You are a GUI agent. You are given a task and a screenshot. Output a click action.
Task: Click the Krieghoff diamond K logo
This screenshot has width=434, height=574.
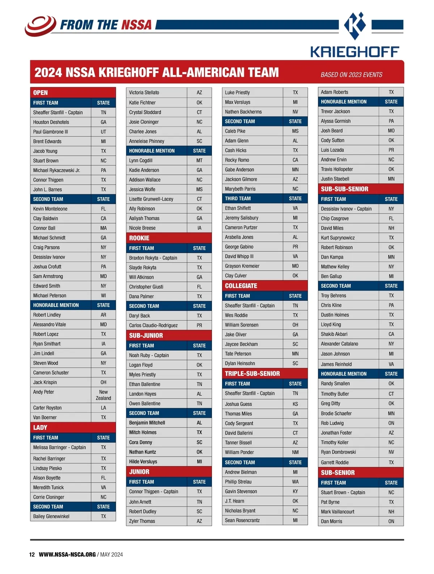(355, 26)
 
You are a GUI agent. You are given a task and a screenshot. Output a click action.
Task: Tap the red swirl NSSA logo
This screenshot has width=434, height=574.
(40, 25)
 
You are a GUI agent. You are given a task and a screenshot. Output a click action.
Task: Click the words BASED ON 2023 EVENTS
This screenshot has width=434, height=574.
(351, 75)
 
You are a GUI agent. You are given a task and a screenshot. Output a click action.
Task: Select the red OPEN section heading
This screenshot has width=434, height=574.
(41, 93)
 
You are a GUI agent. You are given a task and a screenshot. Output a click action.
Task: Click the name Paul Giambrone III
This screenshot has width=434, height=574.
(51, 132)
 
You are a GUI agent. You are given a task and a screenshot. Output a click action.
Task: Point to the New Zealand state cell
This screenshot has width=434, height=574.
(103, 395)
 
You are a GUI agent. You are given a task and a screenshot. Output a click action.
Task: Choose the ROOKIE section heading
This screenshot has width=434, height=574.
(139, 238)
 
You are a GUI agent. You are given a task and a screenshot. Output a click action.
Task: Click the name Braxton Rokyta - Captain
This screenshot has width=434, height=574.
(153, 258)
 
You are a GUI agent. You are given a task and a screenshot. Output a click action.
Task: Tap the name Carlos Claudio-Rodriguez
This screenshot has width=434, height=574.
(153, 325)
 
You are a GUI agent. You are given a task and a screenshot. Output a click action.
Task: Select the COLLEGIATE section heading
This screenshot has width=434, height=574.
(241, 286)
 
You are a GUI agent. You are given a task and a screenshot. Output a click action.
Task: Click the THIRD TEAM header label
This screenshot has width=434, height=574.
(238, 198)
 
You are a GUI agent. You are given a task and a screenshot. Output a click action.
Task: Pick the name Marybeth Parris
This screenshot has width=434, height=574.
(240, 189)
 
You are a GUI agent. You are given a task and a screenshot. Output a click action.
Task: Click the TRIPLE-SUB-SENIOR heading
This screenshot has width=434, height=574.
(252, 374)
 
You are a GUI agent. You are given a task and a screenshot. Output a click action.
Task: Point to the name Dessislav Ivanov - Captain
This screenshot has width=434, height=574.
(346, 209)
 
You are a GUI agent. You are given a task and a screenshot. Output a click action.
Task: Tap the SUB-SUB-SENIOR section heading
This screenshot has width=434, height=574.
(344, 189)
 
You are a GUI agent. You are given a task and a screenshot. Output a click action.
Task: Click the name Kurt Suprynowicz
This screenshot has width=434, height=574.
(338, 238)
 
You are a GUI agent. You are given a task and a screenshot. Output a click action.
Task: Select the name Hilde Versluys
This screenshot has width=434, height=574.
(143, 462)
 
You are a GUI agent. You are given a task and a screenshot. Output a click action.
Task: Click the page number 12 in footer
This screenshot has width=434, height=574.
(32, 554)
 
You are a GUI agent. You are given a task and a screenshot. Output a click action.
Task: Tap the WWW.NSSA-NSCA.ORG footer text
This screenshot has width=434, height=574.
(67, 554)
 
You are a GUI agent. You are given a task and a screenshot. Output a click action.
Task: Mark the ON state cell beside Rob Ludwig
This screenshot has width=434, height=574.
(391, 423)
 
